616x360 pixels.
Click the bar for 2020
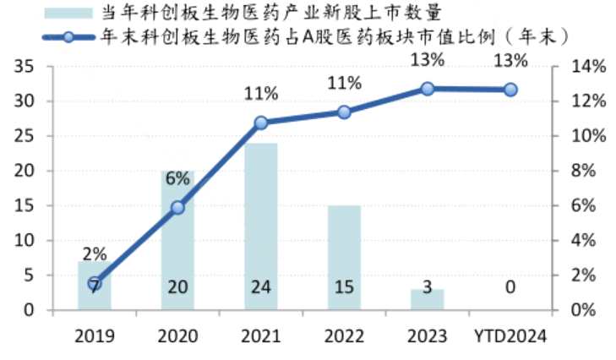[x=177, y=240]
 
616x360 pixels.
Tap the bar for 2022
[x=344, y=257]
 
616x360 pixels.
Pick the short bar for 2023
[x=428, y=299]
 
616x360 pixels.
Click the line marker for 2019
[x=95, y=284]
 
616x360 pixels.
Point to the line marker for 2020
[x=177, y=207]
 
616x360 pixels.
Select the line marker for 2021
[x=261, y=123]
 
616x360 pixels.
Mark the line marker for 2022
[x=344, y=112]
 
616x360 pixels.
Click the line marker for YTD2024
[x=511, y=90]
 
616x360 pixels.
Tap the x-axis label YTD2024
[x=510, y=335]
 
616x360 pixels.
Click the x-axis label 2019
[x=95, y=335]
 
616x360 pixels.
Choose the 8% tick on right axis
[x=583, y=172]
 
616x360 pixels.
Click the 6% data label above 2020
[x=177, y=178]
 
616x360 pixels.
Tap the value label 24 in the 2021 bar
[x=260, y=287]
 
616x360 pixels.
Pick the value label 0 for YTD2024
[x=510, y=287]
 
